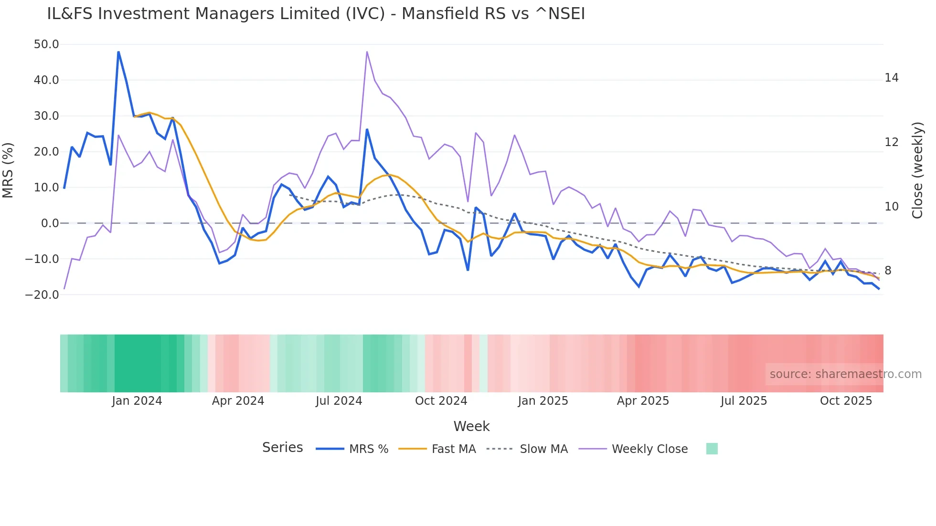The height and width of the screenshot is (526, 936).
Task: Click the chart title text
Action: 316,14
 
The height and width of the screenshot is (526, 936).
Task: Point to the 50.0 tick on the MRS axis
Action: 46,44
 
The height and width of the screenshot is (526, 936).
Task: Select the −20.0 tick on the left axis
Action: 42,295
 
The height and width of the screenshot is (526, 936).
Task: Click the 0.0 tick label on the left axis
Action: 50,223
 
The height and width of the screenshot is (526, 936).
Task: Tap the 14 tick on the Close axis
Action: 891,78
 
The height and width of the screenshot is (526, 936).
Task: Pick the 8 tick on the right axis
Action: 888,271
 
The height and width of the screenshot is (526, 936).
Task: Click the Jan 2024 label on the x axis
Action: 137,401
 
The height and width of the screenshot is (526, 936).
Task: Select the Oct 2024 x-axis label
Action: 441,401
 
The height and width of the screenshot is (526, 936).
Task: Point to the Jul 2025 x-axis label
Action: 744,401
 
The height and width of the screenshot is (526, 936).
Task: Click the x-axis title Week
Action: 471,426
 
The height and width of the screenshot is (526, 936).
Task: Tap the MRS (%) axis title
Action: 8,170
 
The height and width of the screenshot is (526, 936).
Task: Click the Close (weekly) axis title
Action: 917,170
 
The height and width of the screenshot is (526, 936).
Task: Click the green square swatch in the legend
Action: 712,449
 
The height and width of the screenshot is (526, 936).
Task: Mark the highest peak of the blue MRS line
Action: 118,52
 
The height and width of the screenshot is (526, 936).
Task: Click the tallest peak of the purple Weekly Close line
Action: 367,52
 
